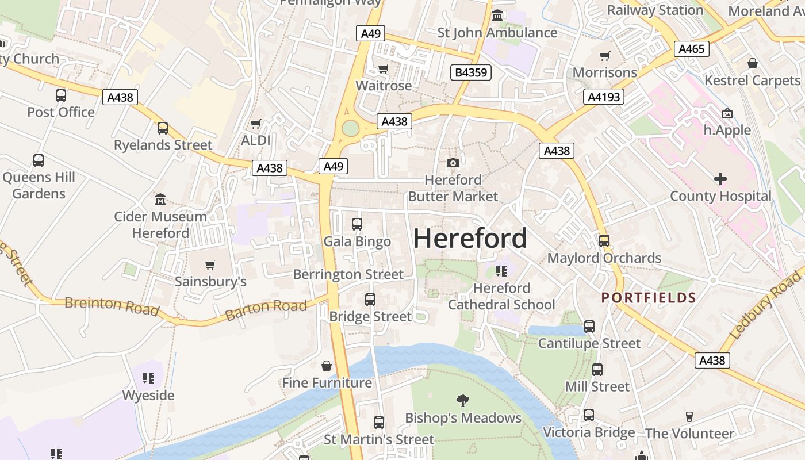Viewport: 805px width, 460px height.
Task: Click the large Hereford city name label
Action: point(470,238)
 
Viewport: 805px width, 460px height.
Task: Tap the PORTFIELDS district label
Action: point(649,298)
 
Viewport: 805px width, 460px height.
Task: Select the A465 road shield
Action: point(691,49)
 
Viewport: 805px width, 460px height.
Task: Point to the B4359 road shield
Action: point(471,72)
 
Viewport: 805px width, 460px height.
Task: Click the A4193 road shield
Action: point(604,97)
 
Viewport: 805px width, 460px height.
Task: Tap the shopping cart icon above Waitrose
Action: point(384,69)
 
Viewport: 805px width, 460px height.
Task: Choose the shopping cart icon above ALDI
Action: point(256,124)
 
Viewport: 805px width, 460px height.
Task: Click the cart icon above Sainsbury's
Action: point(210,265)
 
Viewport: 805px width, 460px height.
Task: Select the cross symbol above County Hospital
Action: point(720,179)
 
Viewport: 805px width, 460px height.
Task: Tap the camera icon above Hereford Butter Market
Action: point(453,163)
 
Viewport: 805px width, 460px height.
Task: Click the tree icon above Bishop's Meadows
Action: point(463,401)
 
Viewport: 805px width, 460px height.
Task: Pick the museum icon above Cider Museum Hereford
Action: point(160,200)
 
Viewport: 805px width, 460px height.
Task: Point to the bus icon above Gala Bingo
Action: point(357,224)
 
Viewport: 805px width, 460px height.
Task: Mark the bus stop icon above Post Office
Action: point(61,95)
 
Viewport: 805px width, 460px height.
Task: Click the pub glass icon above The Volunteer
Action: point(689,417)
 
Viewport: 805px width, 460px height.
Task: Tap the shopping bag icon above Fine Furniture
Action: point(327,366)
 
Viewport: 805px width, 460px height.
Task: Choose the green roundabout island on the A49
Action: point(350,128)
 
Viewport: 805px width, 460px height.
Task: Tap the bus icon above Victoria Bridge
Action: point(589,415)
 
